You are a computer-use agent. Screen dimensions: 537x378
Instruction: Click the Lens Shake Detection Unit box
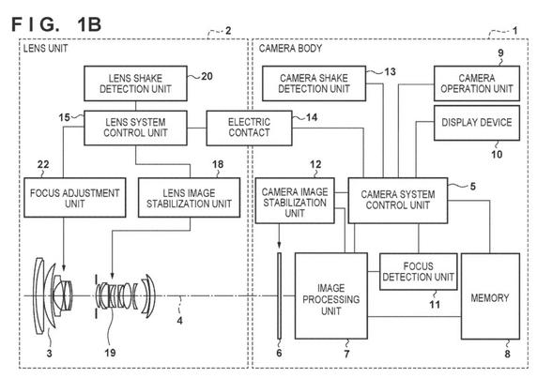tap(135, 83)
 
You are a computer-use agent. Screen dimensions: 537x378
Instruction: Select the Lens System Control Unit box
tap(135, 128)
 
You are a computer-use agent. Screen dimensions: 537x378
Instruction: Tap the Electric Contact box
tap(249, 128)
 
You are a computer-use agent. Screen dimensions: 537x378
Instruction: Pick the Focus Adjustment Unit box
tap(75, 198)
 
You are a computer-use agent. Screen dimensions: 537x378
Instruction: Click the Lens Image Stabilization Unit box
tap(189, 198)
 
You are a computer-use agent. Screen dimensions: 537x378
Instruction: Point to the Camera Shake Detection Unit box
tap(314, 83)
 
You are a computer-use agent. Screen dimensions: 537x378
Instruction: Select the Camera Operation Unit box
tap(477, 83)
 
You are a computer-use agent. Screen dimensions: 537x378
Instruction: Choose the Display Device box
tap(477, 123)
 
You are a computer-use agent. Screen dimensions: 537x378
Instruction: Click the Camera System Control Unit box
tap(398, 201)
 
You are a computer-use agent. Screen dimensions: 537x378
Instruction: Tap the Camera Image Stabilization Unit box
tap(295, 201)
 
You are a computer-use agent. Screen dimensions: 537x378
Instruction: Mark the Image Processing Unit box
tap(331, 296)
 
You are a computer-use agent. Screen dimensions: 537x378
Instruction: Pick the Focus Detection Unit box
tap(418, 272)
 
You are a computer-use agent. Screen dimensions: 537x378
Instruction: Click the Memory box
tap(490, 296)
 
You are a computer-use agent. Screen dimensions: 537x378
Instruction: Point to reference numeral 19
tap(110, 353)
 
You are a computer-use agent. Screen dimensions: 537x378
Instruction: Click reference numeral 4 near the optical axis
tap(180, 321)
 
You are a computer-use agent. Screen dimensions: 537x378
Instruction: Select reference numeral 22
tap(43, 164)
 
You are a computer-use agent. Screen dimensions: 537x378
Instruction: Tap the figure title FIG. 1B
tap(56, 24)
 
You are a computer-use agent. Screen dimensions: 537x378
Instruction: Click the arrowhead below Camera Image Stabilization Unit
tap(279, 244)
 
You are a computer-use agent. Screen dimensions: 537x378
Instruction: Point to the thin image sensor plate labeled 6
tap(280, 295)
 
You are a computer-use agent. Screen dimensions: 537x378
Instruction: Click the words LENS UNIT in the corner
tap(46, 49)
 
